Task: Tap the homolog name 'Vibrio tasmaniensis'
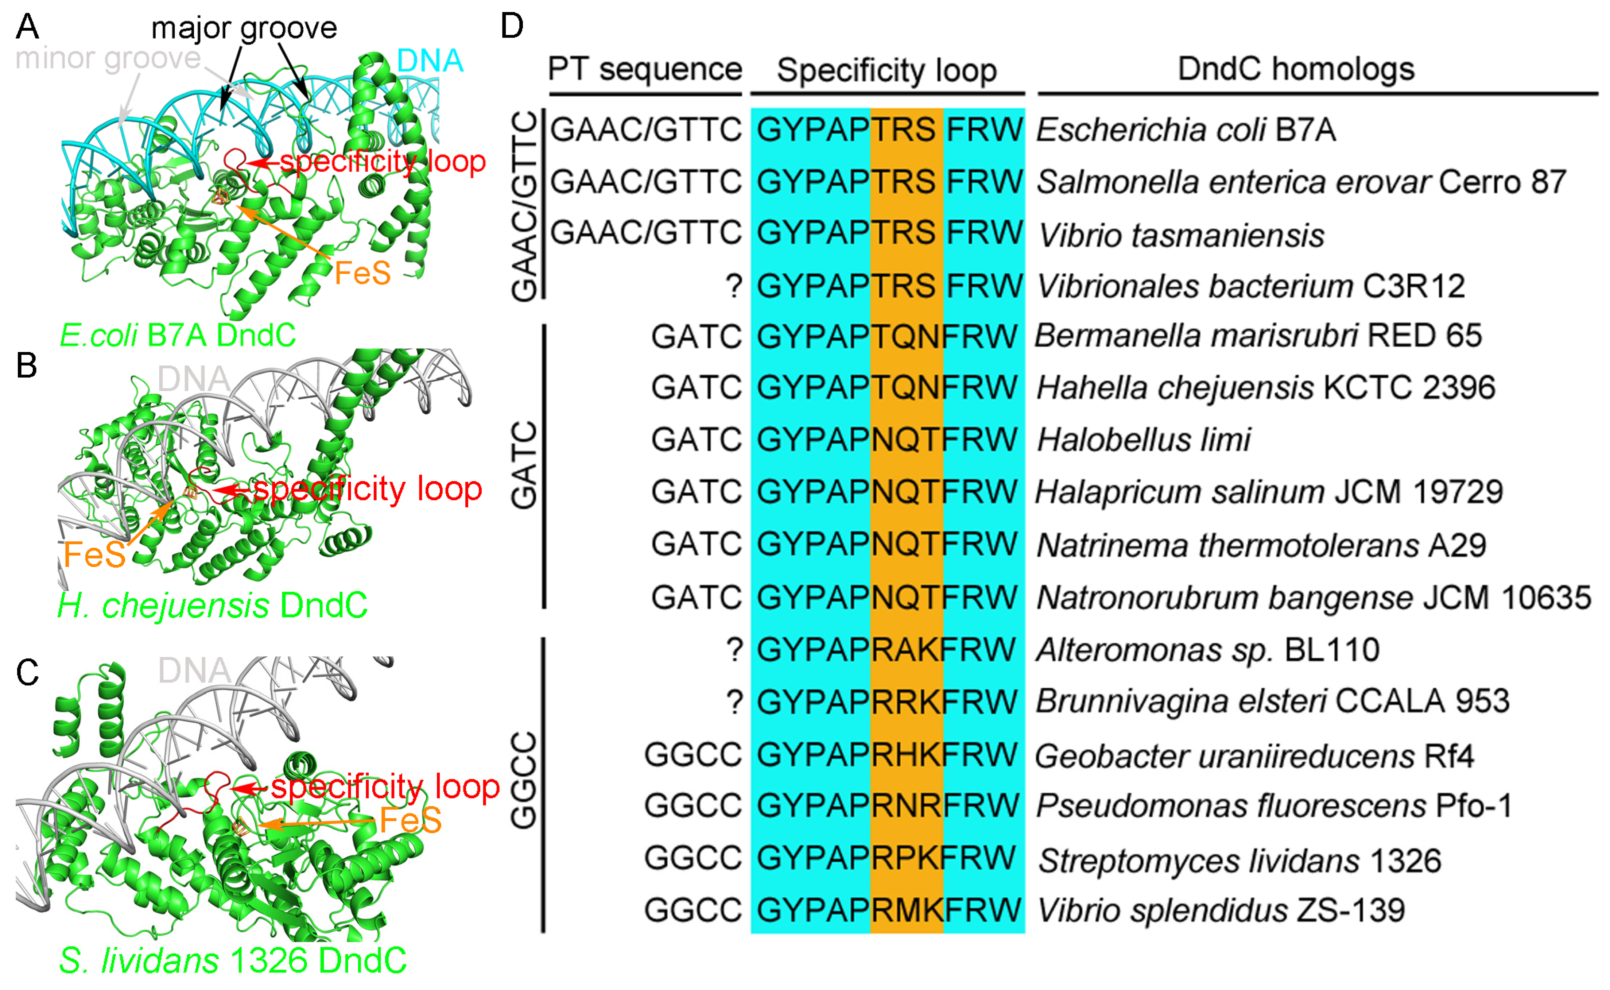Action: tap(1181, 235)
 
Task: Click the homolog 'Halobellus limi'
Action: tap(1143, 439)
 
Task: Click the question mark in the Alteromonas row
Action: tap(734, 650)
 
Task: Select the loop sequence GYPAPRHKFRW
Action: tap(887, 755)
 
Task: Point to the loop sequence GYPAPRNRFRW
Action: tap(887, 806)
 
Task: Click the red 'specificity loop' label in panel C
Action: tap(385, 787)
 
